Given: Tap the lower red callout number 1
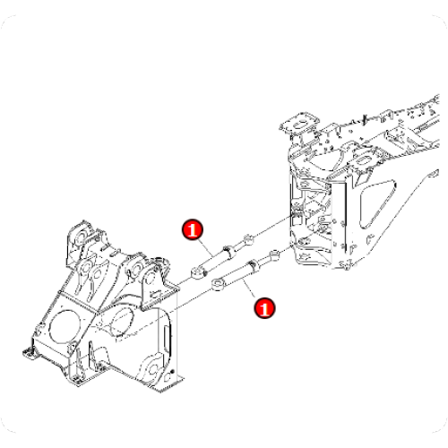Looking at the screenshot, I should point(264,307).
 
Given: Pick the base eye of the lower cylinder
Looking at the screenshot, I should point(218,286).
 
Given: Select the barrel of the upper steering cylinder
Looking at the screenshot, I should point(215,258).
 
